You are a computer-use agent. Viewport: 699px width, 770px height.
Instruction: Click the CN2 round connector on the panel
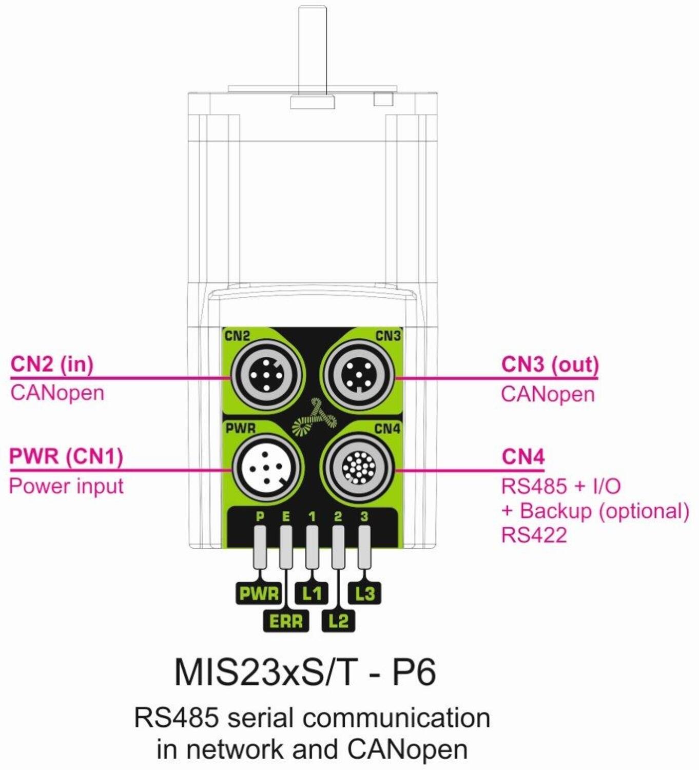[x=265, y=376]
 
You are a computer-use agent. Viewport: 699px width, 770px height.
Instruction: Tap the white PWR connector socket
[x=265, y=468]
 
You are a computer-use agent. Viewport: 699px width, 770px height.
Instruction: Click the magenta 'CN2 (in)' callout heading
[x=52, y=364]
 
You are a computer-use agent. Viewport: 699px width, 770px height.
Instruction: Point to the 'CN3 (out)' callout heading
[x=550, y=364]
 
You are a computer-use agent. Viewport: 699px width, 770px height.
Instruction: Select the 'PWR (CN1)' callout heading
[x=66, y=456]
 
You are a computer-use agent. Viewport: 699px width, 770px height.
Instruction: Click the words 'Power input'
[x=66, y=486]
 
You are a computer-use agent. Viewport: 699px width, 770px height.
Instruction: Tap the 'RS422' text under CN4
[x=534, y=535]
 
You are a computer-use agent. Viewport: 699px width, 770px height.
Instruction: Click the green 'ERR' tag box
[x=286, y=621]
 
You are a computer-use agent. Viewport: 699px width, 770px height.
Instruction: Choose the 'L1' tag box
[x=312, y=593]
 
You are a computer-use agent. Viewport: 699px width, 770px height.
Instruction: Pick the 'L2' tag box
[x=338, y=621]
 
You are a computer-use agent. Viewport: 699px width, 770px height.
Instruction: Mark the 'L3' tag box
[x=365, y=593]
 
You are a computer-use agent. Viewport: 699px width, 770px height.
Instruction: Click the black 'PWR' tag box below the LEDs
[x=259, y=593]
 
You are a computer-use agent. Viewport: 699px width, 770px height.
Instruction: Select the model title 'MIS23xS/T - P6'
[x=305, y=671]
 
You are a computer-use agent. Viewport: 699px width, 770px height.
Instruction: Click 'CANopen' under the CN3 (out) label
[x=548, y=394]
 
